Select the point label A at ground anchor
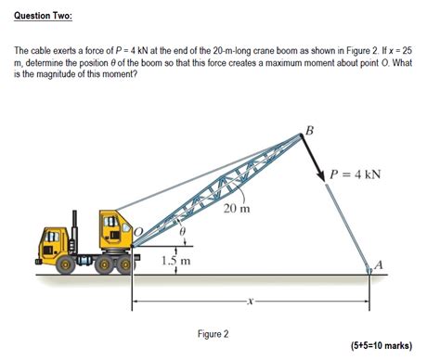pos(378,266)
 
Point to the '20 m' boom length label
pos(237,208)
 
